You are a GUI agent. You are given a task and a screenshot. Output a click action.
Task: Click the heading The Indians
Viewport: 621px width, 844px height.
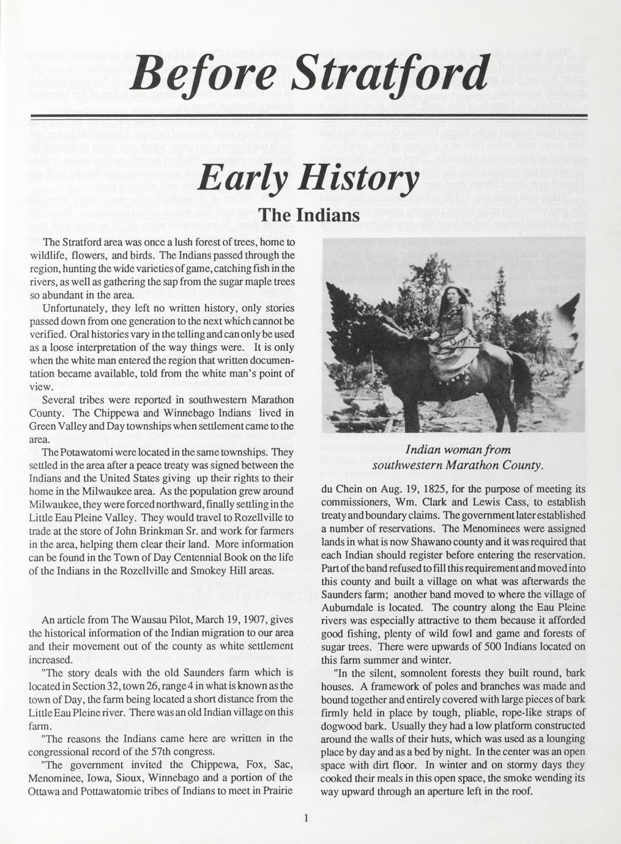pyautogui.click(x=310, y=217)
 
